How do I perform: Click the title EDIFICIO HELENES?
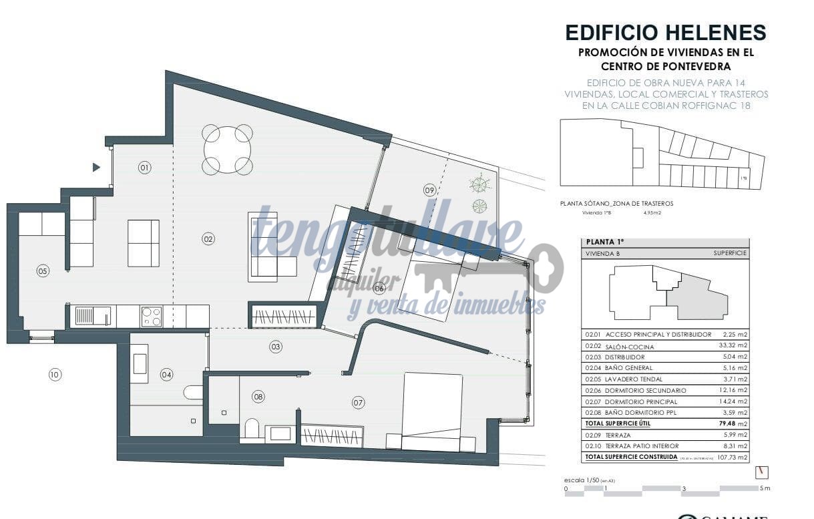coord(665,33)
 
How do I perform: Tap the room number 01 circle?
coord(145,168)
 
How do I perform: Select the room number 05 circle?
coord(43,271)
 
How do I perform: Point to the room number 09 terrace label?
coord(429,190)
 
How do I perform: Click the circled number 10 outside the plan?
coord(55,375)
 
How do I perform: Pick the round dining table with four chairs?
coord(228,149)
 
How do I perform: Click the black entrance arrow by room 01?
coord(96,168)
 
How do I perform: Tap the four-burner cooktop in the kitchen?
coord(152,316)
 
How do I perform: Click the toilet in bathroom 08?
coord(252,427)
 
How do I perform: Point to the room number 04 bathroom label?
coord(166,375)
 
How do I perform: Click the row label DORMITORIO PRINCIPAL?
coord(641,402)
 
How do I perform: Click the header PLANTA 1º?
coord(600,242)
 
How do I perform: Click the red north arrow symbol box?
coord(762,472)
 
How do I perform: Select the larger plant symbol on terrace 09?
coord(479,182)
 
